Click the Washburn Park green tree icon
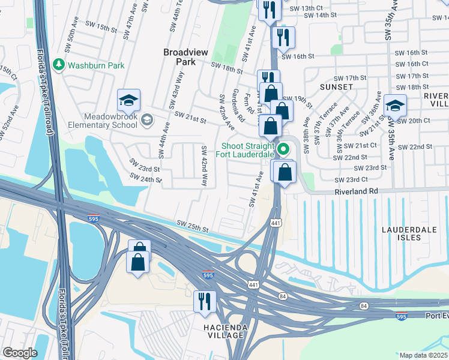[x=59, y=65]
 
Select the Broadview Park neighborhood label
[x=185, y=58]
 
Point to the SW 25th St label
[x=192, y=227]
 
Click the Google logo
[x=20, y=353]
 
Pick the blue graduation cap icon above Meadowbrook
[x=128, y=99]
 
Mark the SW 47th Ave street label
[x=133, y=17]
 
